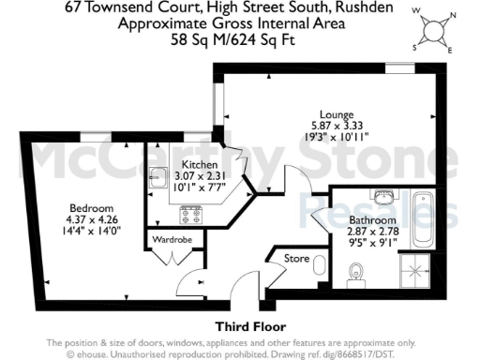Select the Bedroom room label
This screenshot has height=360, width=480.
90,207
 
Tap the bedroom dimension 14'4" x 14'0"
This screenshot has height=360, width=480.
90,230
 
